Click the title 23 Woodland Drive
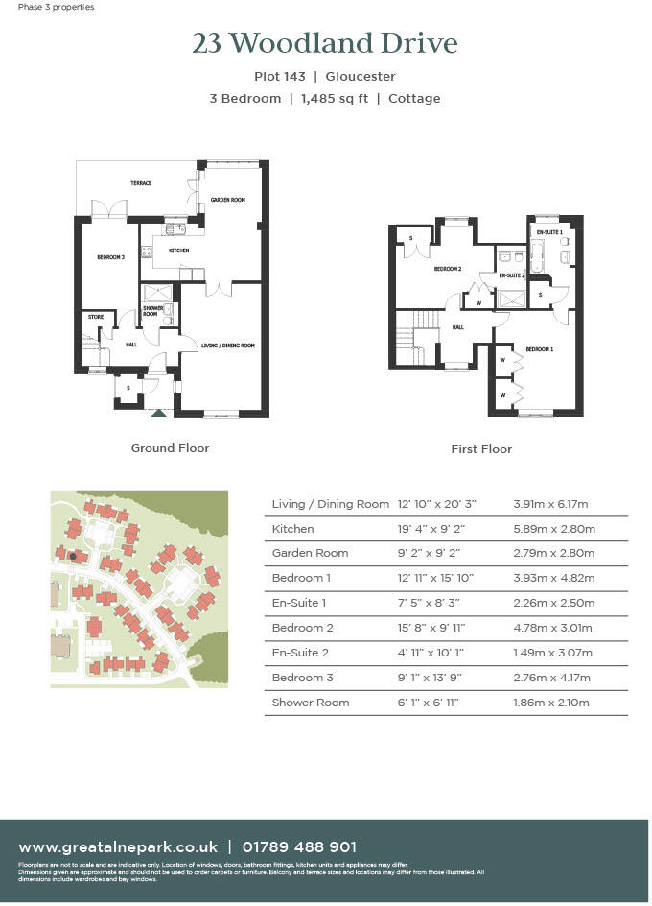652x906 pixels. point(325,44)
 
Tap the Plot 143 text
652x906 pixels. point(282,77)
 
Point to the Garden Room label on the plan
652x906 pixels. point(228,200)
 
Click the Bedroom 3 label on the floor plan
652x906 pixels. point(110,257)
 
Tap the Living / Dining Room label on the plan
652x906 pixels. point(227,346)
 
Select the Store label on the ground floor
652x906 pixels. point(95,316)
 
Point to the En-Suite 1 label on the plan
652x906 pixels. point(549,232)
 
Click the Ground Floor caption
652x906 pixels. point(170,448)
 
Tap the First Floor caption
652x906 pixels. point(481,449)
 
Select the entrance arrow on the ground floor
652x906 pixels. point(158,413)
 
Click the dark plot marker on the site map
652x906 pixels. point(72,556)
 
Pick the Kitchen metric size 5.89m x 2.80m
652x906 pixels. point(555,529)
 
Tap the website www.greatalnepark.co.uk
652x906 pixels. point(118,847)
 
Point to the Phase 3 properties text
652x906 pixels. point(56,7)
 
